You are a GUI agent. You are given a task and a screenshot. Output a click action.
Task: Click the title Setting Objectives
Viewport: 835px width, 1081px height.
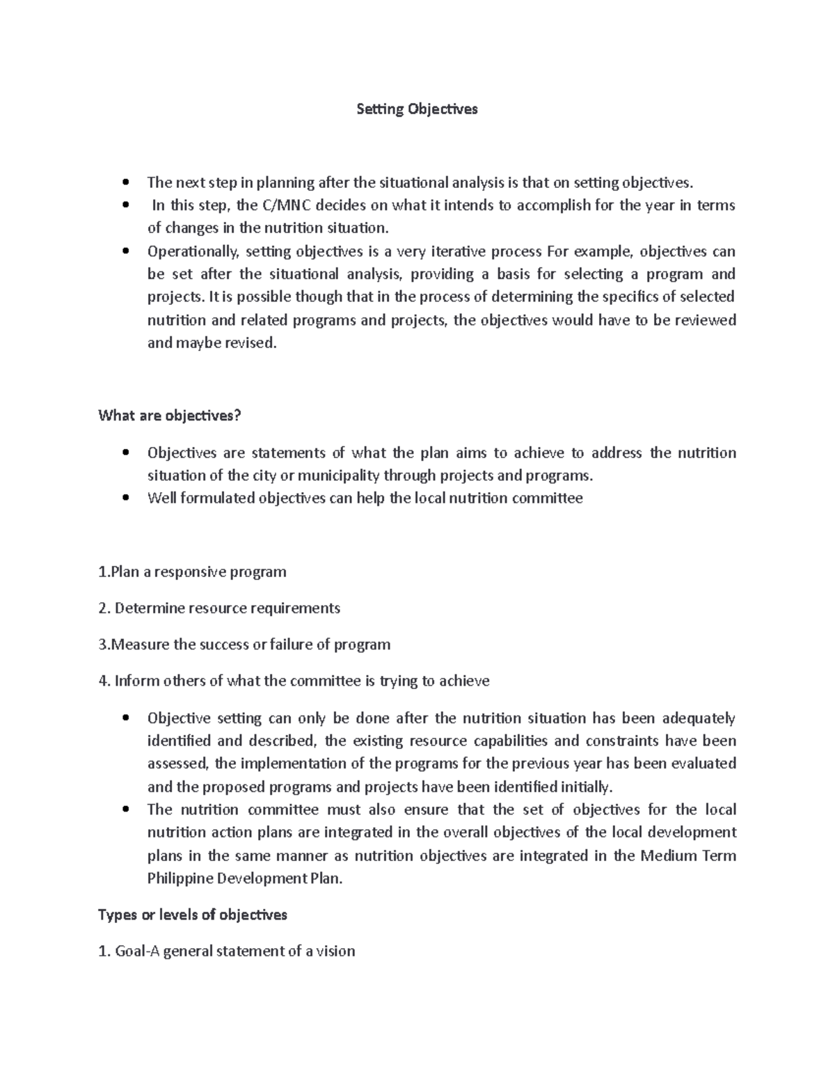tap(417, 109)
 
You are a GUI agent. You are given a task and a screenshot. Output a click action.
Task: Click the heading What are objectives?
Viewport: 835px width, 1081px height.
tap(170, 416)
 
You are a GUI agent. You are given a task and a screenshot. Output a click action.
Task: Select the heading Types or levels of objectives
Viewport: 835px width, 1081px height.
tap(193, 915)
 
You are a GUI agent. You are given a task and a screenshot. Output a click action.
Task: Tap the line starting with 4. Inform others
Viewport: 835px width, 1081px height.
tap(294, 681)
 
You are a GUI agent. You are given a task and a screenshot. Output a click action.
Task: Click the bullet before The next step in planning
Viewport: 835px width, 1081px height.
tap(125, 183)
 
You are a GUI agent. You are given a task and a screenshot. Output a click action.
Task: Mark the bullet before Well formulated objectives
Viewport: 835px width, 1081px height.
tap(125, 498)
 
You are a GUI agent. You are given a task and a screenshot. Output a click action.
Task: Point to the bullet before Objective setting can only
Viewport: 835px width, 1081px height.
tap(125, 718)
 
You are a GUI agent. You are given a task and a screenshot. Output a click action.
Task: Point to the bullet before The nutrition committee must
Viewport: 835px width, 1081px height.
tap(125, 810)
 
